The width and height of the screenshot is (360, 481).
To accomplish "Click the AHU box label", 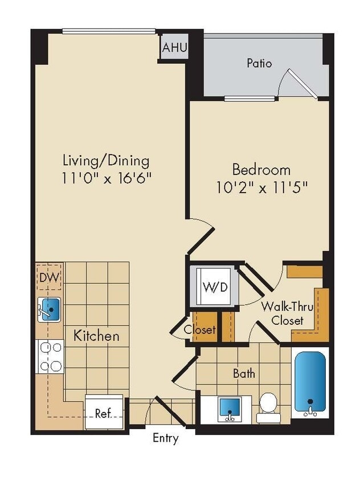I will pyautogui.click(x=174, y=48).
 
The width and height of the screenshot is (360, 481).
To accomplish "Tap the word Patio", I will pyautogui.click(x=259, y=63).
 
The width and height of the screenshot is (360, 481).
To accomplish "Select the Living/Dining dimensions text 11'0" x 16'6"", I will pyautogui.click(x=106, y=178).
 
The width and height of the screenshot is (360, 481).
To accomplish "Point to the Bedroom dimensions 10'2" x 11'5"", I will pyautogui.click(x=261, y=187).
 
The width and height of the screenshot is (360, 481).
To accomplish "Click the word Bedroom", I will pyautogui.click(x=261, y=169).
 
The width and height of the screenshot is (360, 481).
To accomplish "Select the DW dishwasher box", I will pyautogui.click(x=50, y=278).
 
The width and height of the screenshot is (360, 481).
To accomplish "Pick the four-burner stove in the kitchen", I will pyautogui.click(x=50, y=356).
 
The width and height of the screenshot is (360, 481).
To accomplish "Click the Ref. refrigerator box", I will pyautogui.click(x=103, y=412).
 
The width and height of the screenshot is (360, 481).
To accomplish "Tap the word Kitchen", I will pyautogui.click(x=96, y=336).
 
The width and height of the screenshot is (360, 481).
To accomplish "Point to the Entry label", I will pyautogui.click(x=165, y=438).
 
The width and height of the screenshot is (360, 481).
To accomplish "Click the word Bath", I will pyautogui.click(x=244, y=374).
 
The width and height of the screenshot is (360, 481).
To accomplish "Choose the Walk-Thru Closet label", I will pyautogui.click(x=283, y=313).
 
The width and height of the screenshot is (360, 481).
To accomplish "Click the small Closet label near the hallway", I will pyautogui.click(x=199, y=330).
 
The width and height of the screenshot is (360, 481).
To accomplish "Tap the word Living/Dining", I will pyautogui.click(x=106, y=160).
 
